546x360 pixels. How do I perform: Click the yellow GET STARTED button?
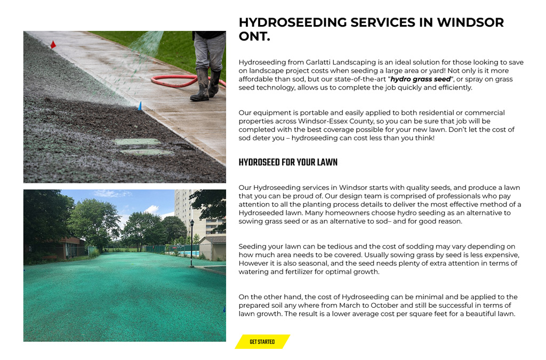click(x=262, y=342)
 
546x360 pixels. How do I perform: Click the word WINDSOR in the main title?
click(x=470, y=22)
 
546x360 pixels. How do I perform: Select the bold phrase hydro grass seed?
click(x=420, y=79)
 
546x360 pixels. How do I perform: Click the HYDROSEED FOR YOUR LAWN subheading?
click(x=288, y=163)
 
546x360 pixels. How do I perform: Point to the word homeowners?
click(x=377, y=213)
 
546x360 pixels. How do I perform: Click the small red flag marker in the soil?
click(x=53, y=45)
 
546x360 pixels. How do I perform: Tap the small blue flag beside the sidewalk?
click(x=140, y=106)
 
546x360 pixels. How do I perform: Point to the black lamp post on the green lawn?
click(x=191, y=242)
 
